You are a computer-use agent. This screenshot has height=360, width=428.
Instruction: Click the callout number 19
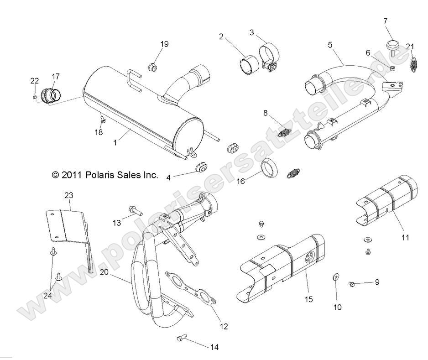(164, 44)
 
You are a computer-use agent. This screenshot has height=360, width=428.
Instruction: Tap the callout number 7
(385, 21)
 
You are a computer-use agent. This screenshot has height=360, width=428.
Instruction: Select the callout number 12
(224, 326)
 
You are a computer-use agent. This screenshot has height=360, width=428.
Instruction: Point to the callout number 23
(68, 195)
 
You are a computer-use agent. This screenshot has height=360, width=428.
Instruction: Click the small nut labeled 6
(392, 68)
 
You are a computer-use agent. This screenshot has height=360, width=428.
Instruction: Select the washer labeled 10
(335, 277)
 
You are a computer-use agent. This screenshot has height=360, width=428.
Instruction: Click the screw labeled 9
(352, 284)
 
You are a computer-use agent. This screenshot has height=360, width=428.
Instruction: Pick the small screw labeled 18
(102, 119)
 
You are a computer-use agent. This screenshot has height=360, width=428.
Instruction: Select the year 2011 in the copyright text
(73, 175)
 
